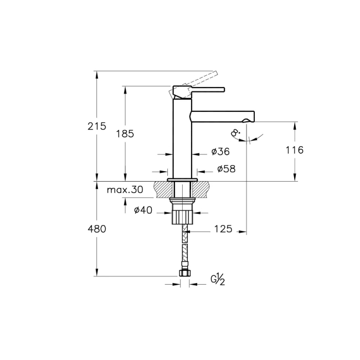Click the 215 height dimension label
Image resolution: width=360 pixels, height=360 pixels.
tap(97, 126)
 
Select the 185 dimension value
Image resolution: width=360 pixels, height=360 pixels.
tap(125, 133)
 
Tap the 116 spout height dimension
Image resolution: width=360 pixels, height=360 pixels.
tap(294, 150)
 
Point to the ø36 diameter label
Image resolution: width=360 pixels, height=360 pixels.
tap(220, 151)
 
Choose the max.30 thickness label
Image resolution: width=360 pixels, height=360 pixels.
tap(125, 190)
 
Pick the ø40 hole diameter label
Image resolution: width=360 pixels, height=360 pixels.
tap(143, 209)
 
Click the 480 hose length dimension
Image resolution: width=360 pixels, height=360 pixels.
tap(97, 229)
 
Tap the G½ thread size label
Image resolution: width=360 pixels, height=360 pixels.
tap(218, 281)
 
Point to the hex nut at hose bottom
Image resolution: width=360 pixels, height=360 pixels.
tap(184, 273)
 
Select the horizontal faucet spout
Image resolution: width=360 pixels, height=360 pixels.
tap(222, 117)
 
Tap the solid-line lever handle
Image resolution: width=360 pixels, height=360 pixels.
tap(199, 89)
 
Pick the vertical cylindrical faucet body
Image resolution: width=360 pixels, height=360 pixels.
tap(183, 138)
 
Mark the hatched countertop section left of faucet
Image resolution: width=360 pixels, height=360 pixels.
tap(163, 189)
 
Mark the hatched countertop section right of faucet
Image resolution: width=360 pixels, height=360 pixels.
tap(203, 189)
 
